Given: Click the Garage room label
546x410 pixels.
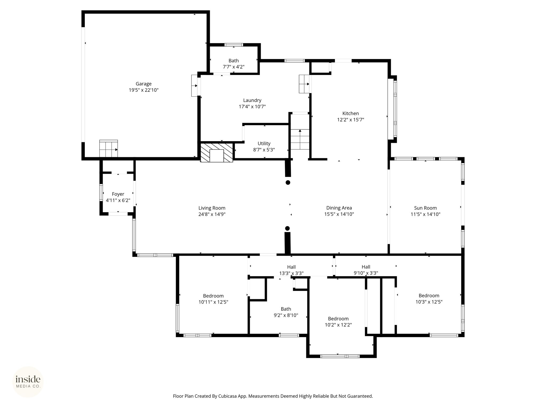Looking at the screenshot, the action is pyautogui.click(x=143, y=84).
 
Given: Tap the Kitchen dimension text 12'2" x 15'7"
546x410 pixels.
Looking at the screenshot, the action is pyautogui.click(x=351, y=120).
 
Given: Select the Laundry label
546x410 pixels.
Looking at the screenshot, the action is pyautogui.click(x=252, y=100).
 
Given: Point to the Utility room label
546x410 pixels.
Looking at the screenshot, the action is pyautogui.click(x=264, y=144).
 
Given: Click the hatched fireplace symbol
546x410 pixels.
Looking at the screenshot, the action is pyautogui.click(x=216, y=152).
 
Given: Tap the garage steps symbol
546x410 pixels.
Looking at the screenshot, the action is pyautogui.click(x=109, y=149).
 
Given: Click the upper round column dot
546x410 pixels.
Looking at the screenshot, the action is pyautogui.click(x=288, y=183).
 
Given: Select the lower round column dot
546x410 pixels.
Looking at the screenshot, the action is pyautogui.click(x=287, y=228).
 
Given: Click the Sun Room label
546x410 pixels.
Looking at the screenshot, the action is pyautogui.click(x=425, y=208).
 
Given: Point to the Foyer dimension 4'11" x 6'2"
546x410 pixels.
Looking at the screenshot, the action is pyautogui.click(x=118, y=200).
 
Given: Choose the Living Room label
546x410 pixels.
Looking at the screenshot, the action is pyautogui.click(x=212, y=208).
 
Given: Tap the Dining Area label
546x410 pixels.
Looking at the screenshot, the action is pyautogui.click(x=339, y=208).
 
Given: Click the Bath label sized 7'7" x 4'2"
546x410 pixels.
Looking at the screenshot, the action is pyautogui.click(x=234, y=61).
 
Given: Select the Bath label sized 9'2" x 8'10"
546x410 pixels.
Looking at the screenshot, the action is pyautogui.click(x=286, y=309).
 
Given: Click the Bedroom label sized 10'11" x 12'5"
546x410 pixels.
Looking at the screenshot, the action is pyautogui.click(x=213, y=296).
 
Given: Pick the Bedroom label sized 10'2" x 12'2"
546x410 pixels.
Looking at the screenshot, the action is pyautogui.click(x=338, y=319).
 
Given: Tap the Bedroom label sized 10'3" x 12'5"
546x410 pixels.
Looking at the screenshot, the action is pyautogui.click(x=429, y=295).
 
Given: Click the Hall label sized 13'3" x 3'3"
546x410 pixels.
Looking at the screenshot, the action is pyautogui.click(x=291, y=267).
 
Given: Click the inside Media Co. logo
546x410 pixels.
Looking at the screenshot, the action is pyautogui.click(x=28, y=382).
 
